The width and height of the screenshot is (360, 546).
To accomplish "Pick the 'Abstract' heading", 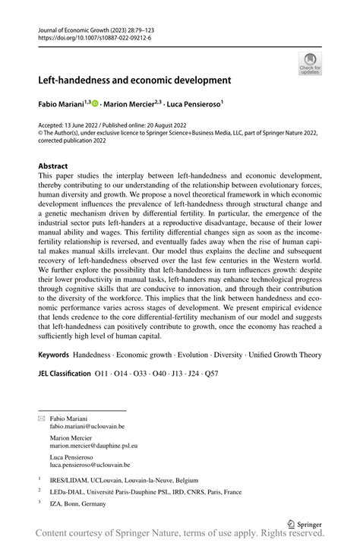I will tap(53, 165).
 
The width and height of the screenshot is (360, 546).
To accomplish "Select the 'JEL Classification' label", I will tap(63, 374).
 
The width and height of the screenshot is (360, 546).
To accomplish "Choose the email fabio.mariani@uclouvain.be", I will tap(87, 427).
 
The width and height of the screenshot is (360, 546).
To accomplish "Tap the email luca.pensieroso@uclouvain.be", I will tap(90, 465).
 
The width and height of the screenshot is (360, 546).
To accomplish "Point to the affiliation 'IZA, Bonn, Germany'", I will tap(79, 504).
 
